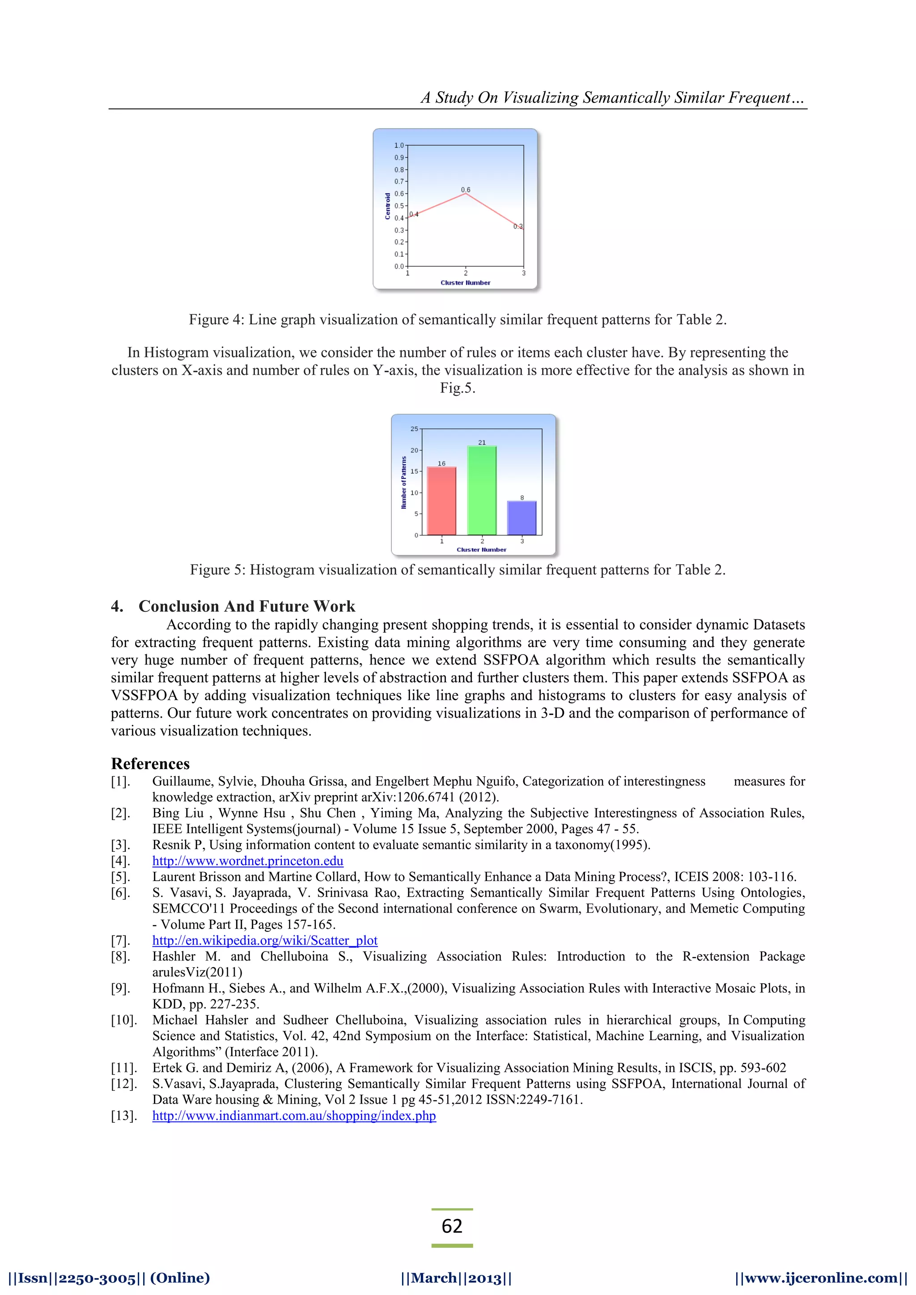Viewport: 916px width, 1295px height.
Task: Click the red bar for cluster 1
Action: [x=441, y=501]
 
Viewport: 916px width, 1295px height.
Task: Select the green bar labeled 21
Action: [x=482, y=491]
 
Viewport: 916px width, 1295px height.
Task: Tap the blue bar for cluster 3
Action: [x=522, y=518]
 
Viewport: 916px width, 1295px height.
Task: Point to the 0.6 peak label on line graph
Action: [x=465, y=190]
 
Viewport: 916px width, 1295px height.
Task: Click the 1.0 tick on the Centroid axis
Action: [x=399, y=145]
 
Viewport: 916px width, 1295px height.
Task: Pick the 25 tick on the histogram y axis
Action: [x=415, y=429]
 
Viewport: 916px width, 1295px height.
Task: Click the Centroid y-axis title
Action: [x=387, y=206]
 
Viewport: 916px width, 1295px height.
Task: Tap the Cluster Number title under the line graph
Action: [x=465, y=283]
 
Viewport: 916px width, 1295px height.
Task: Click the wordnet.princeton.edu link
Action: [x=248, y=861]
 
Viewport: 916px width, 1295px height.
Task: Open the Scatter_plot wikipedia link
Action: [x=264, y=940]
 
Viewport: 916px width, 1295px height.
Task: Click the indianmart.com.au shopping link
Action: [x=294, y=1116]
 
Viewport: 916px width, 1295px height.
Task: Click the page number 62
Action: [x=452, y=1226]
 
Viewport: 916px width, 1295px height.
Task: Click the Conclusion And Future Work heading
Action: [x=246, y=606]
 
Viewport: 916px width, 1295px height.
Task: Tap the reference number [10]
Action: [x=123, y=1020]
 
